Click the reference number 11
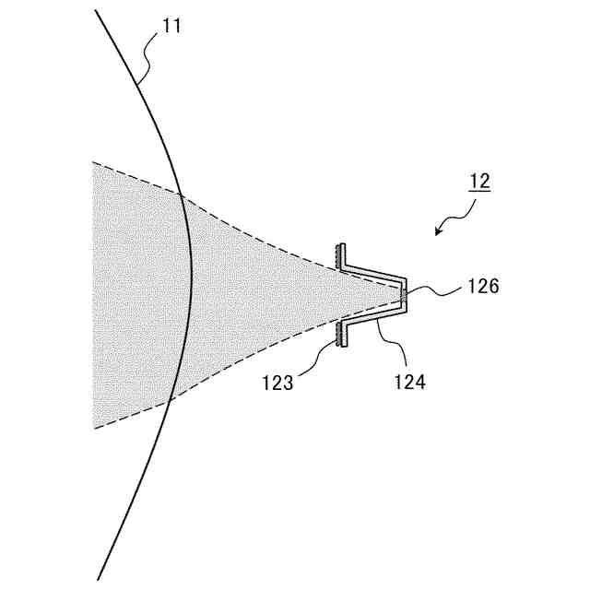click(172, 26)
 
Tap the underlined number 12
click(479, 181)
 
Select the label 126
click(482, 287)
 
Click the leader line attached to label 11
click(147, 55)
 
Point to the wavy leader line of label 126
click(437, 291)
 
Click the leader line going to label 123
click(323, 355)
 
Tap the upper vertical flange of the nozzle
click(340, 255)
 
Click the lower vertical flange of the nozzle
click(340, 335)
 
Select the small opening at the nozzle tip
click(404, 295)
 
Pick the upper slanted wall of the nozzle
click(373, 273)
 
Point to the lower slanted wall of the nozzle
click(373, 317)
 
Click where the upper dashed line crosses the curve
click(182, 195)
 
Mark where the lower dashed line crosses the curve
click(170, 399)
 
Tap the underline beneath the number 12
click(479, 191)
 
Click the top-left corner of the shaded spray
click(94, 163)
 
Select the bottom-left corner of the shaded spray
click(94, 428)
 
